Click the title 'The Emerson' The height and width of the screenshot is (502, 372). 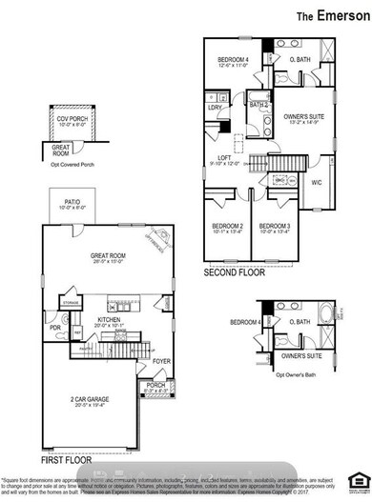coord(329,16)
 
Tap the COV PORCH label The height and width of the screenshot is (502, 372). coord(72,118)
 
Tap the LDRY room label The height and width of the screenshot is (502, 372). coord(215,108)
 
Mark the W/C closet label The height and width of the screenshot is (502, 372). coord(317,181)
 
